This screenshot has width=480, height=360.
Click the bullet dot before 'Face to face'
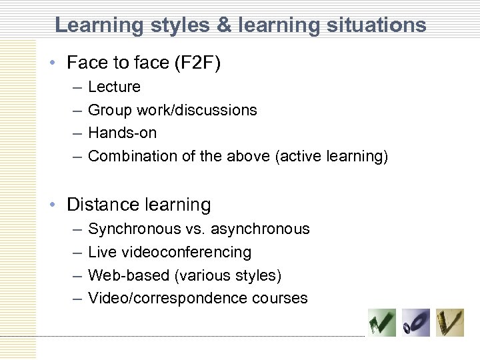click(53, 63)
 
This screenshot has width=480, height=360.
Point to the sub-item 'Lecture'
click(114, 87)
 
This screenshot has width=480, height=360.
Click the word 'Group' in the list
click(110, 110)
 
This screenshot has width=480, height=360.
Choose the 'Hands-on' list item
click(122, 133)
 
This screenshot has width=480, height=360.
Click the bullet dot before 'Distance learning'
click(53, 205)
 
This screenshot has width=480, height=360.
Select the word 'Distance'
click(100, 204)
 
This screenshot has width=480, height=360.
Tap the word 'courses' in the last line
click(280, 298)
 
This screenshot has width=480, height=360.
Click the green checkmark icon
click(382, 323)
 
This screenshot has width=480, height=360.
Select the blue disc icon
click(416, 323)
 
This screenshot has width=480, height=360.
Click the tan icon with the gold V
click(449, 323)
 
